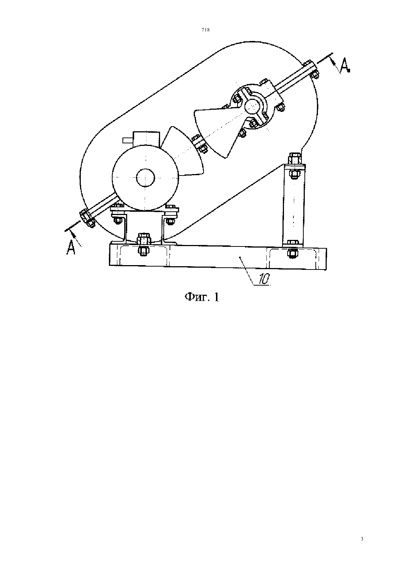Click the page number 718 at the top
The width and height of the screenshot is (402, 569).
coord(205,30)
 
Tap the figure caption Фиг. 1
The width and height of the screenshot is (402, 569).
coord(202,297)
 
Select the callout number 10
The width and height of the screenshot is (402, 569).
coord(264,279)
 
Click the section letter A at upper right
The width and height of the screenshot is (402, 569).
coord(345,65)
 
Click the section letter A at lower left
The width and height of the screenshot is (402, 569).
coord(71,247)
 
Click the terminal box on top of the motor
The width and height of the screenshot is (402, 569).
coord(147,139)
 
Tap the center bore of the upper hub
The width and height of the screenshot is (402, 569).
coord(253,106)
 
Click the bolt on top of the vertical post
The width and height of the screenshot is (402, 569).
coord(294,158)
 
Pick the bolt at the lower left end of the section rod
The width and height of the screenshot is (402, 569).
coord(87,218)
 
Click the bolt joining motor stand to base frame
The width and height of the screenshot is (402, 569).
coord(143,243)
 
